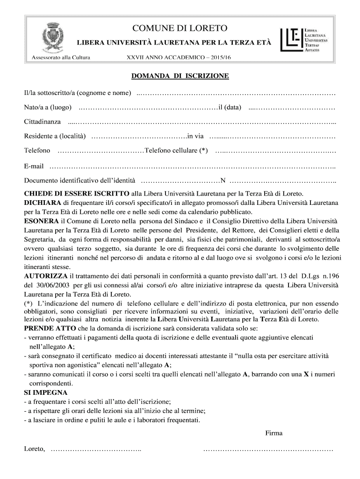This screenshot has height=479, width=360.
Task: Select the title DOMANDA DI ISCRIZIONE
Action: click(180, 76)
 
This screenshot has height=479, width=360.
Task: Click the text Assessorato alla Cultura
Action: click(60, 58)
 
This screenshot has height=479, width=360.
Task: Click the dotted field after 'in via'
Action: click(272, 137)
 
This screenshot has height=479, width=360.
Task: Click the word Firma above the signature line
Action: click(274, 433)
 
